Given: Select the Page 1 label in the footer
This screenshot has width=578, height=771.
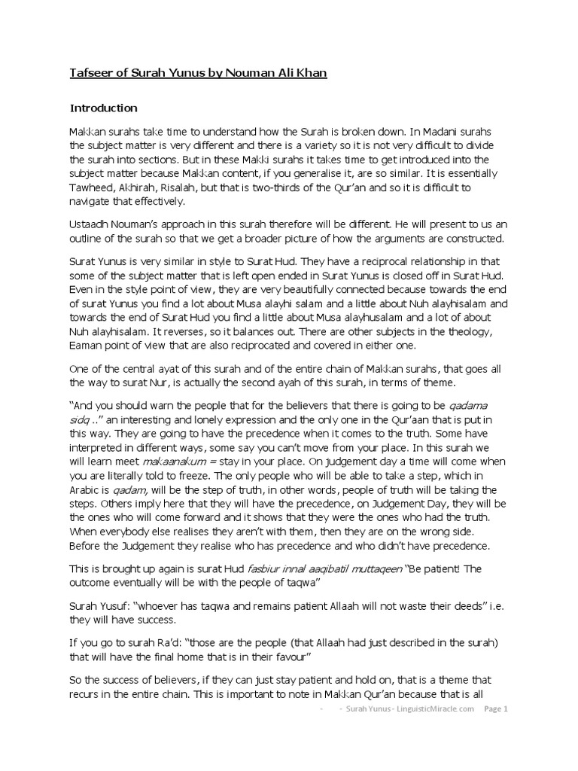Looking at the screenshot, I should [496, 709].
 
